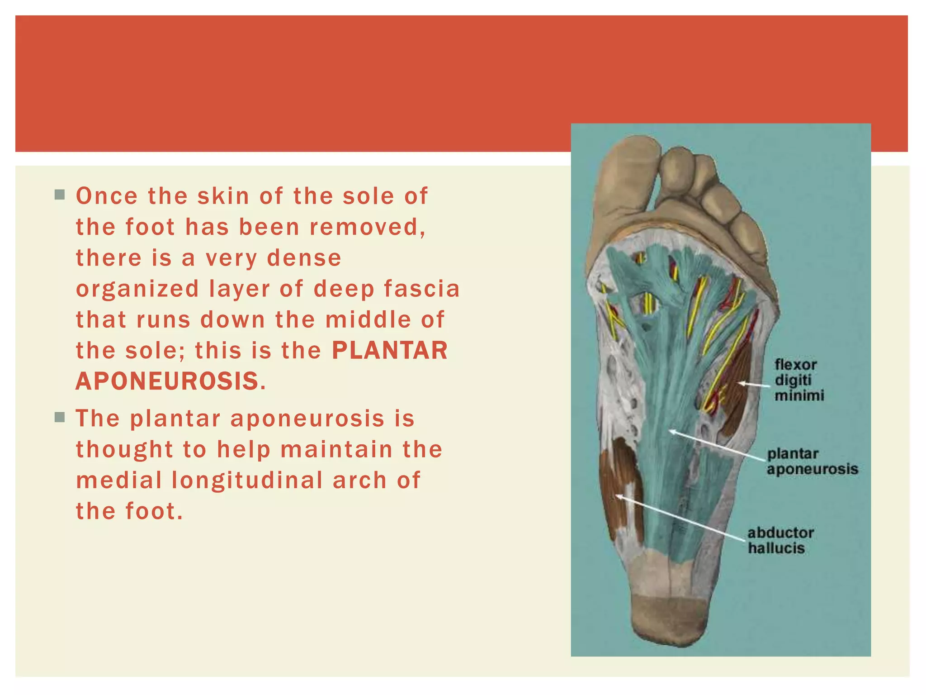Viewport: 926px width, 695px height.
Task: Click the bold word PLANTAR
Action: tap(389, 350)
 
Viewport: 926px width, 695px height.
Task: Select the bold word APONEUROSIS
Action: tap(167, 381)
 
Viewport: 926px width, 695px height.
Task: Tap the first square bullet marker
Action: tap(60, 195)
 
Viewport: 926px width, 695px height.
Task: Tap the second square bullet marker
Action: tap(60, 417)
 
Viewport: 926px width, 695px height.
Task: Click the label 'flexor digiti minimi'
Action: tap(799, 380)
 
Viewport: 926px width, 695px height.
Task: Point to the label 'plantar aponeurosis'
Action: tap(812, 461)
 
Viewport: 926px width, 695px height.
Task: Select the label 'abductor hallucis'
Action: tap(780, 540)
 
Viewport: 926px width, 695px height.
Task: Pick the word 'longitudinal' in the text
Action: tap(247, 480)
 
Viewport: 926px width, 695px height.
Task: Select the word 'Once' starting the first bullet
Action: tap(107, 196)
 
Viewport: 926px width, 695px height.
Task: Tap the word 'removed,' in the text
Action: tap(367, 227)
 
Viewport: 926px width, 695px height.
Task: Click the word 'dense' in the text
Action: tap(304, 258)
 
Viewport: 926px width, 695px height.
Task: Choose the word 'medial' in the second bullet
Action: tap(118, 480)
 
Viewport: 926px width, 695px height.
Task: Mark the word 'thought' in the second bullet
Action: tap(124, 449)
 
